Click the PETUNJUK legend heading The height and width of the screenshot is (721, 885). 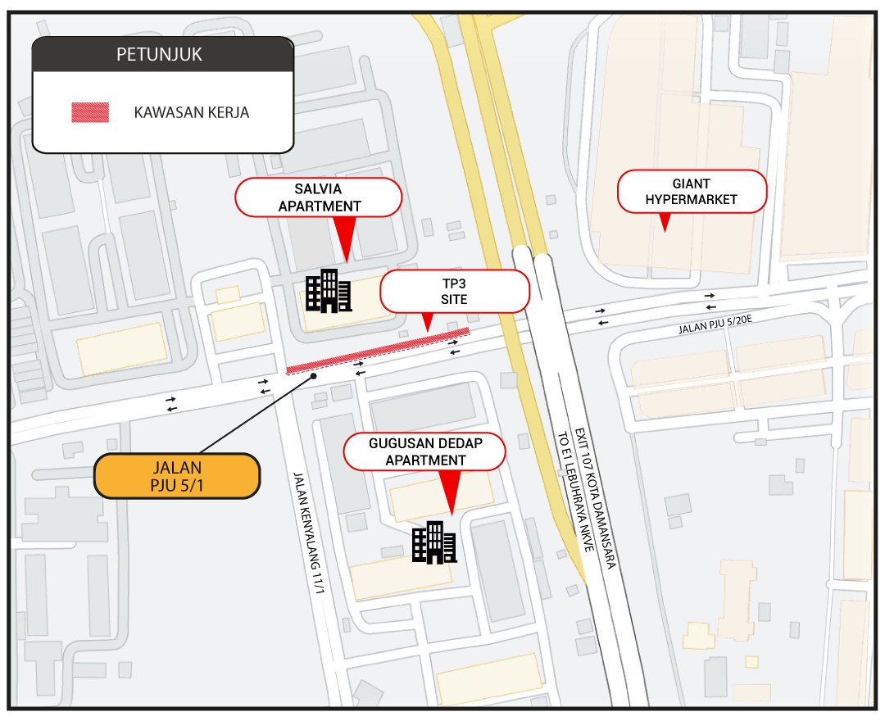[x=159, y=54]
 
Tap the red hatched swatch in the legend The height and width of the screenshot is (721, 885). [x=90, y=112]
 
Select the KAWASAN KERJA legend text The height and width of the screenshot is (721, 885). [x=191, y=112]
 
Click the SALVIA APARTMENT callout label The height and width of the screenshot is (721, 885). [x=319, y=197]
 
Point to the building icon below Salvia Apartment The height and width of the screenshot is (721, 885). [x=329, y=291]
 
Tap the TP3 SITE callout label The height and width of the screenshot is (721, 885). [x=454, y=291]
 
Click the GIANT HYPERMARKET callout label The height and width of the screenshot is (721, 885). [x=692, y=191]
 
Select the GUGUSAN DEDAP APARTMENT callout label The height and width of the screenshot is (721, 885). [x=425, y=451]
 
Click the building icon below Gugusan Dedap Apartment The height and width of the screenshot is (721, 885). [x=434, y=542]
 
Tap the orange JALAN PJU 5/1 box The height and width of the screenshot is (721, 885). [x=177, y=476]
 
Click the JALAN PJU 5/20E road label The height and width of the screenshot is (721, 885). [x=715, y=324]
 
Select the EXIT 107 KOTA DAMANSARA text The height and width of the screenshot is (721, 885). [x=596, y=498]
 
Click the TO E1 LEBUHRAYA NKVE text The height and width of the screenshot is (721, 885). [x=576, y=492]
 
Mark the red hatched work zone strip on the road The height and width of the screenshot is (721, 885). [x=378, y=351]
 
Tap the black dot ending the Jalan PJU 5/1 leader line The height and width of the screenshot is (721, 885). [x=314, y=376]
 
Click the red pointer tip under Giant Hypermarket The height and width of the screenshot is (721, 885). [x=665, y=231]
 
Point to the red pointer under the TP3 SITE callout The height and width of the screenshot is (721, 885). [x=428, y=322]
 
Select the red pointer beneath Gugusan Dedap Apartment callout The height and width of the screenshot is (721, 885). [x=451, y=492]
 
